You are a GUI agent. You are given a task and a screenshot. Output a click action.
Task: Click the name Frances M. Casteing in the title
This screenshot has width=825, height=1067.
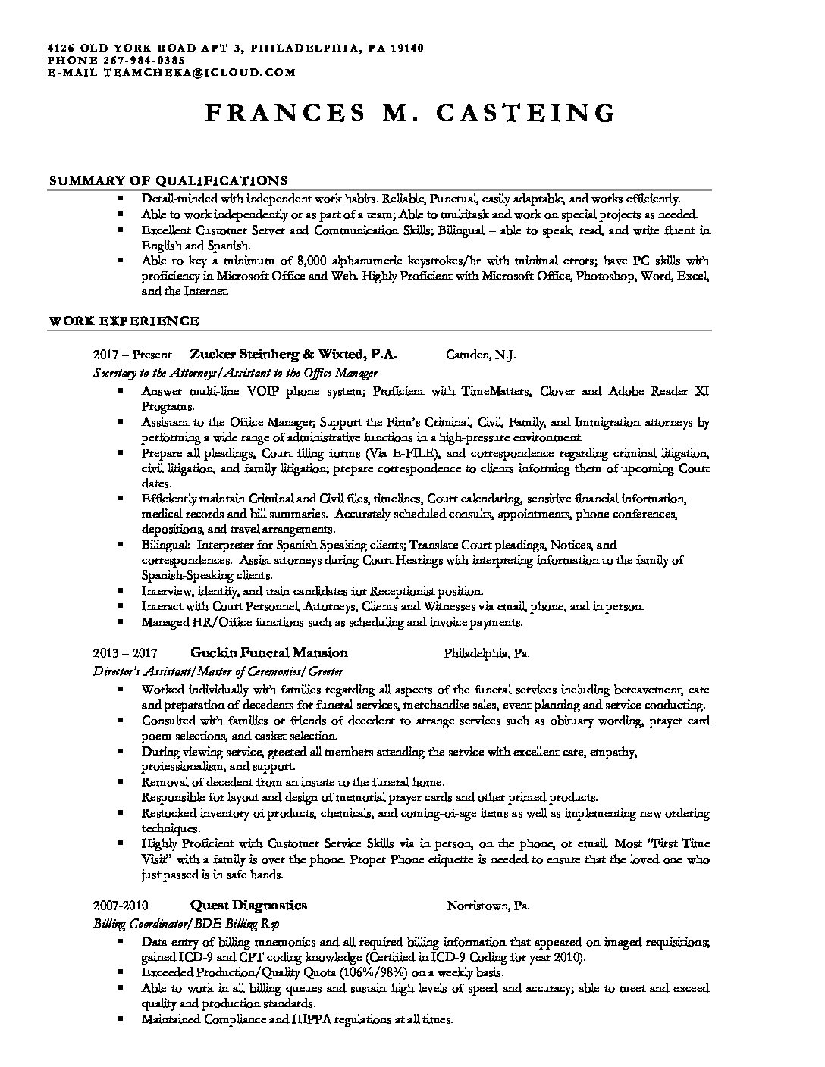click(x=410, y=113)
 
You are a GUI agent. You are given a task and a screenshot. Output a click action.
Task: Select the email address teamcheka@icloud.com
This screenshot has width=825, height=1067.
click(x=198, y=73)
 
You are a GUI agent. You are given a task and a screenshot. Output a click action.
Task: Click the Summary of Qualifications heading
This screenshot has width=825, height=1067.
click(x=168, y=180)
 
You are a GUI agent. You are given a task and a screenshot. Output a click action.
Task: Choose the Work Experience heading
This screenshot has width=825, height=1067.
click(x=124, y=321)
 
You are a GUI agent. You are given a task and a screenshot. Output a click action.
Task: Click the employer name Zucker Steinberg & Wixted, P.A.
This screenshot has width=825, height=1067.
click(x=293, y=354)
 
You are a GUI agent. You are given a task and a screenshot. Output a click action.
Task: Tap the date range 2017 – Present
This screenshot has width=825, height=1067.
click(x=133, y=355)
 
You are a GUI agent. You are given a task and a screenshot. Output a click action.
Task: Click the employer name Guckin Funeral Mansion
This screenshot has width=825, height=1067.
click(x=269, y=652)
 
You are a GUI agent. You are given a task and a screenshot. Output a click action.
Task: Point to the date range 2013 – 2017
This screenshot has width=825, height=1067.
click(x=125, y=653)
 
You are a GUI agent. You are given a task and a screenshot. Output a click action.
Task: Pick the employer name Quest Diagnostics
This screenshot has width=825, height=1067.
click(x=249, y=905)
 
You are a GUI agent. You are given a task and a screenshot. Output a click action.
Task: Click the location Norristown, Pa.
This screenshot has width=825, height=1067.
click(x=488, y=906)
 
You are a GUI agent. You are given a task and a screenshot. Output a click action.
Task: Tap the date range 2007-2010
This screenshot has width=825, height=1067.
click(x=121, y=906)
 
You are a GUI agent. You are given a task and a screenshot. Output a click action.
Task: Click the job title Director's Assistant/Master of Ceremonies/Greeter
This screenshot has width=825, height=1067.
click(x=218, y=671)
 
